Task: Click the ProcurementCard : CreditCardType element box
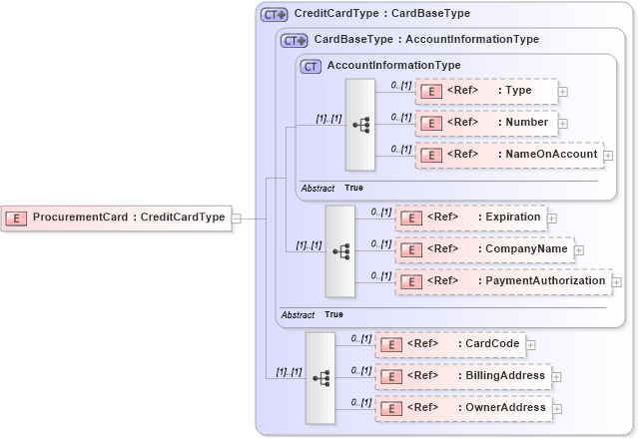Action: (117, 218)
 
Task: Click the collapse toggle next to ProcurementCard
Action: (237, 218)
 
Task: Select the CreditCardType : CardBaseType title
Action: (381, 15)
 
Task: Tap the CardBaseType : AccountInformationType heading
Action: (426, 40)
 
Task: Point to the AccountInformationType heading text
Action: (393, 66)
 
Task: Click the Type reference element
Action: (486, 91)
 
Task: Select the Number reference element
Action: (486, 123)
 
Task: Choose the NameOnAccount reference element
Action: (508, 155)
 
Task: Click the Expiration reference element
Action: (471, 217)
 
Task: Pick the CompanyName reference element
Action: (484, 249)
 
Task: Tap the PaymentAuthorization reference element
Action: (503, 281)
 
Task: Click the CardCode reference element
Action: (455, 344)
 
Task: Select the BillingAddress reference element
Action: (463, 376)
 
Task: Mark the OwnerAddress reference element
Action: (463, 408)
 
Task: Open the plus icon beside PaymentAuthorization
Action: (616, 282)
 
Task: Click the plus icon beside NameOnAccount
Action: (608, 156)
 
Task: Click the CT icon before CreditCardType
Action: (274, 15)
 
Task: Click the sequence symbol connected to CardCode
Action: (320, 377)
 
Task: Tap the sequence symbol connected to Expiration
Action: (340, 250)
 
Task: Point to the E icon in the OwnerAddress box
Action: (392, 408)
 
